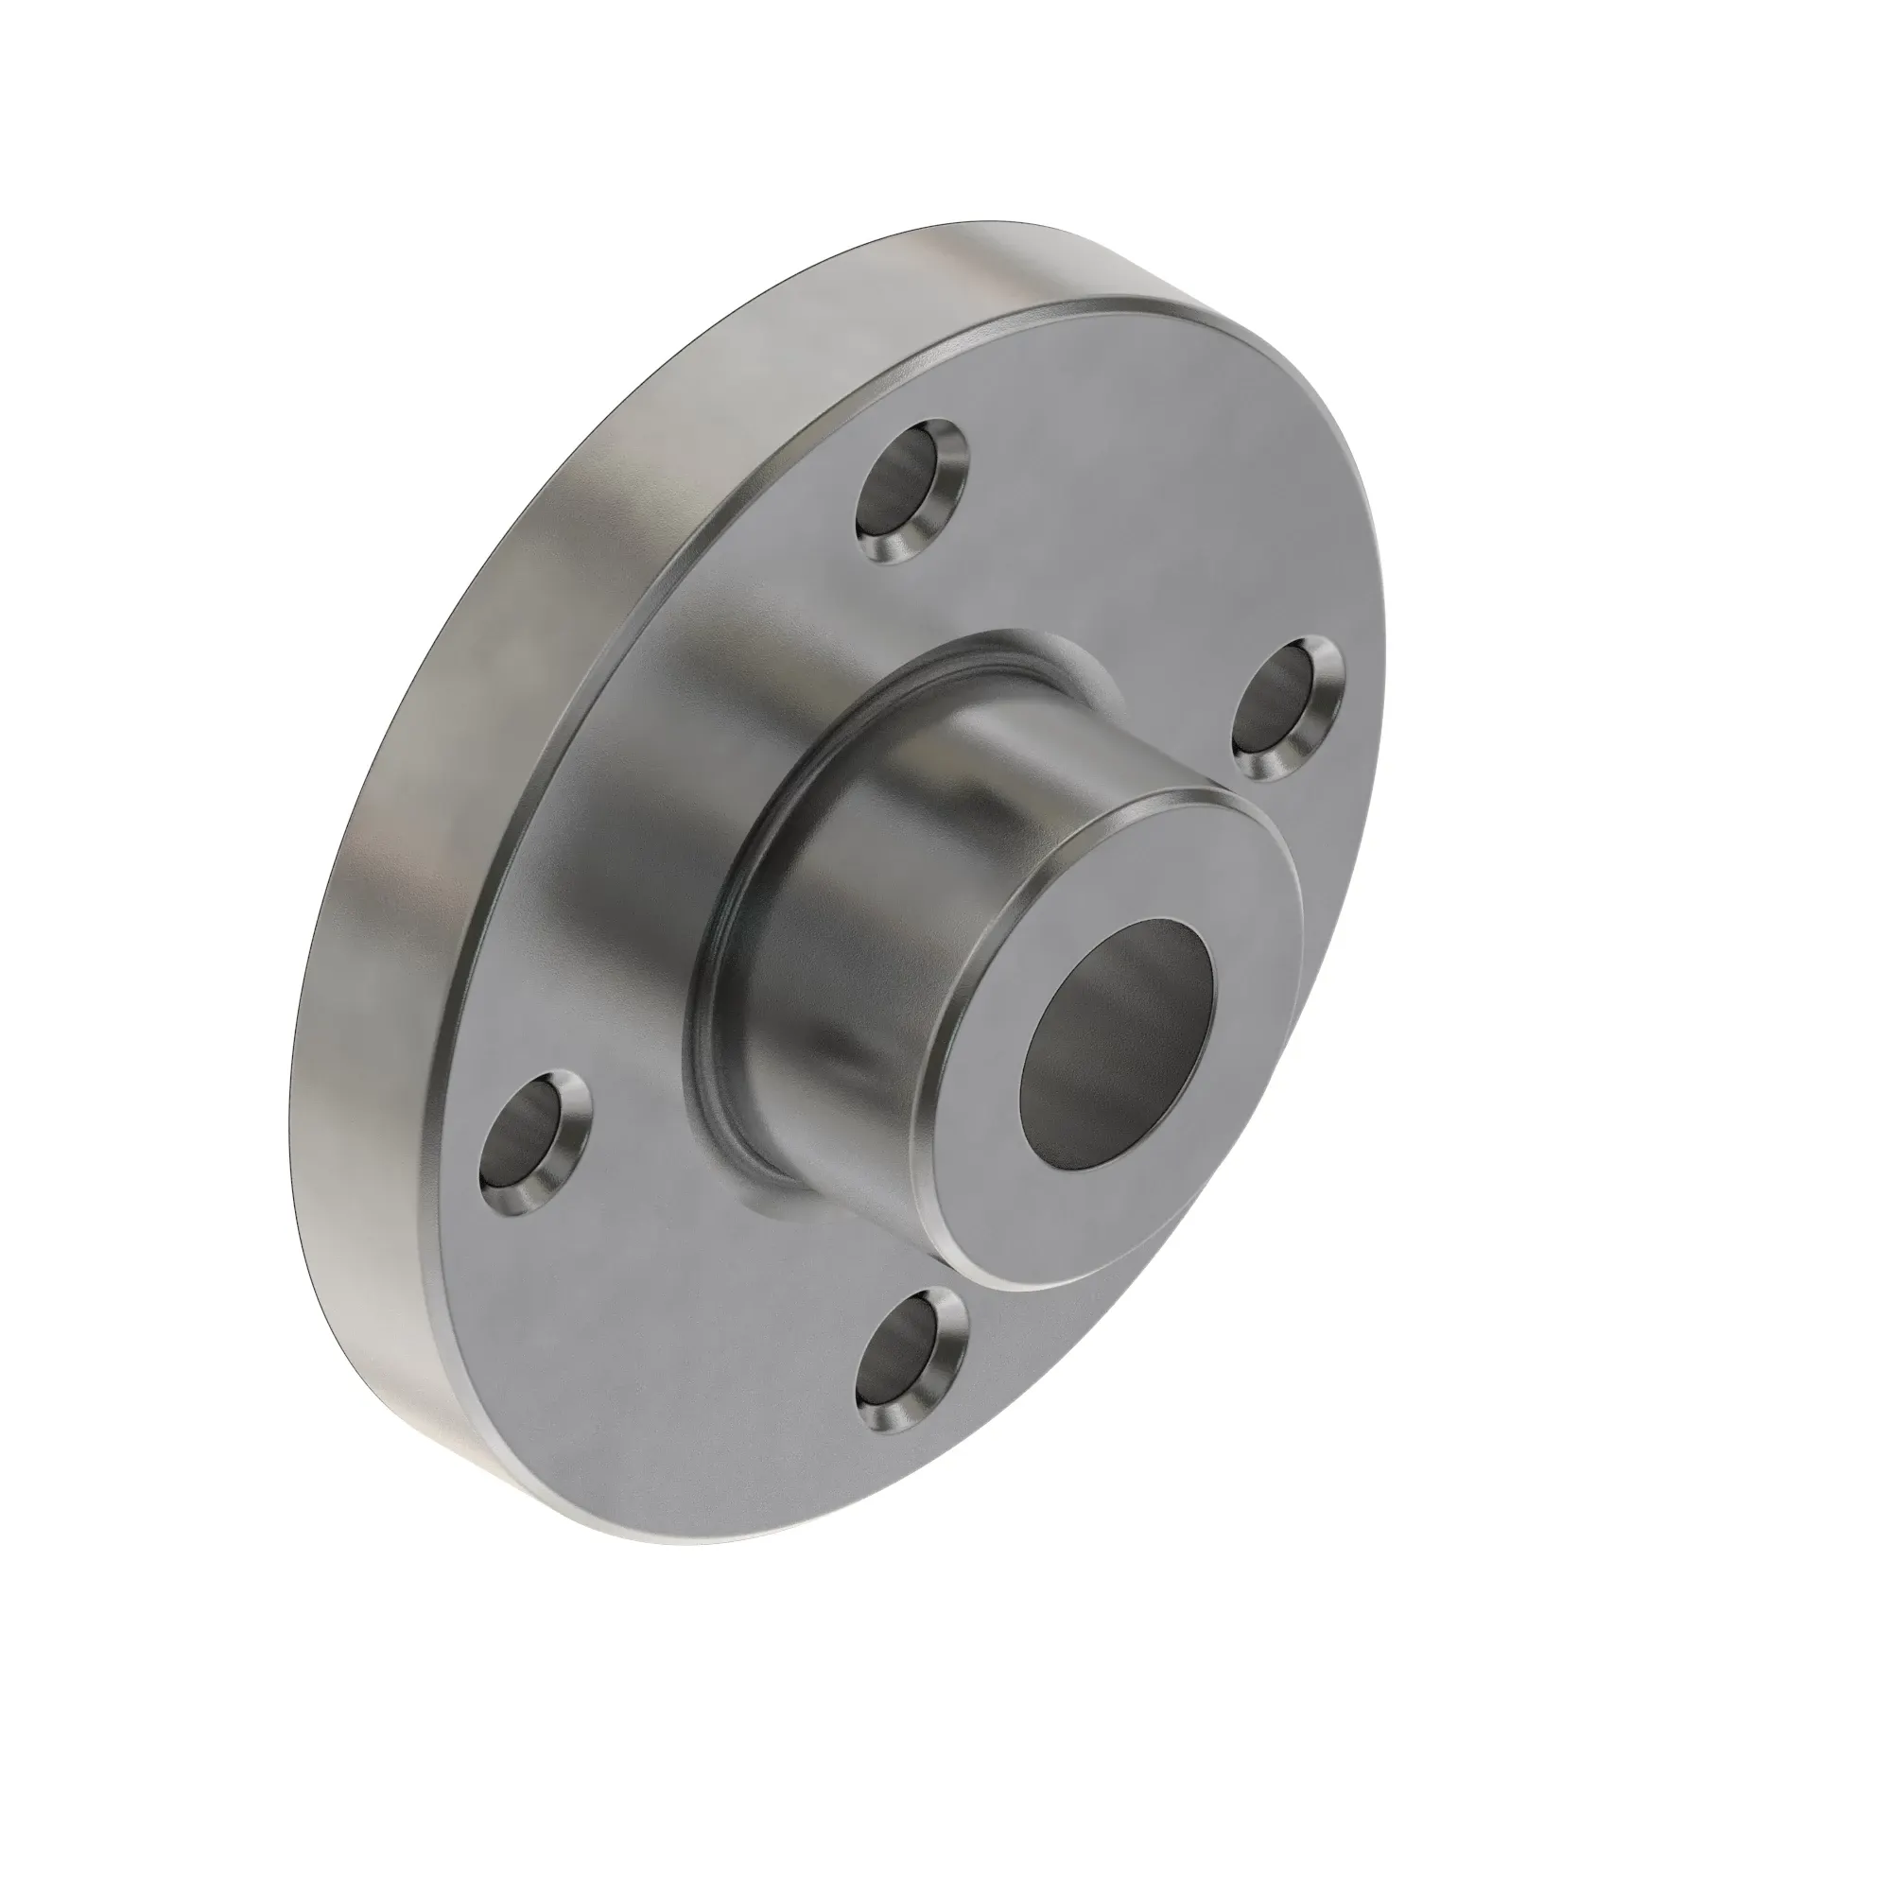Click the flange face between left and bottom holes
click(x=685, y=1302)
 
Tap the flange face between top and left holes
click(x=685, y=763)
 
